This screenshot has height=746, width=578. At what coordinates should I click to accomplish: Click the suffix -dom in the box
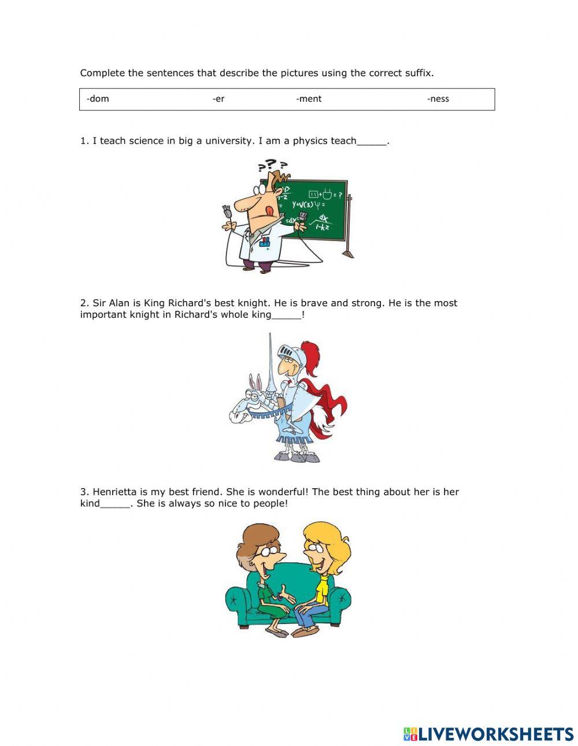[x=98, y=99]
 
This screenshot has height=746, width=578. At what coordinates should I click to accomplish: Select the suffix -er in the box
[x=218, y=99]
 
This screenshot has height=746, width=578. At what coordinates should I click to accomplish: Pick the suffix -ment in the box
[x=309, y=99]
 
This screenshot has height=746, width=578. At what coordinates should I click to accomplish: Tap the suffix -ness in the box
[x=438, y=99]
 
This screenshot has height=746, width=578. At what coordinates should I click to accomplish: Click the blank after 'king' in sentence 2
[x=286, y=316]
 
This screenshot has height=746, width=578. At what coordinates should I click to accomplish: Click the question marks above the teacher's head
[x=272, y=166]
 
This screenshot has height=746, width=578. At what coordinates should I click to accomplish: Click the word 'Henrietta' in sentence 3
[x=114, y=492]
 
